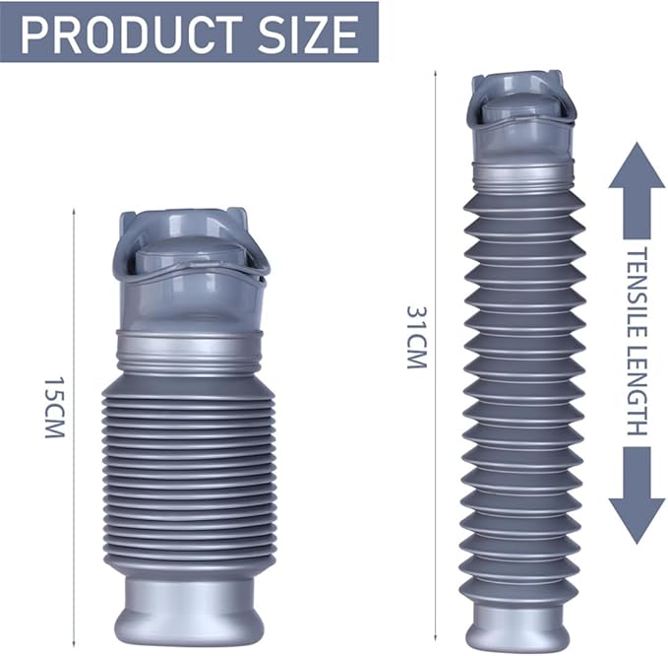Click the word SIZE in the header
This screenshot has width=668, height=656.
tap(306, 34)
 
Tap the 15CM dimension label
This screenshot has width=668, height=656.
tap(54, 407)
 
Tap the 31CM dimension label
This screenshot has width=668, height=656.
tap(416, 338)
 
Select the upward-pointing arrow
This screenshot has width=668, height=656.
tap(637, 191)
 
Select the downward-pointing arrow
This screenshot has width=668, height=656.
tap(637, 495)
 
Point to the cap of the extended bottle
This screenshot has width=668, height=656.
tap(523, 119)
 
